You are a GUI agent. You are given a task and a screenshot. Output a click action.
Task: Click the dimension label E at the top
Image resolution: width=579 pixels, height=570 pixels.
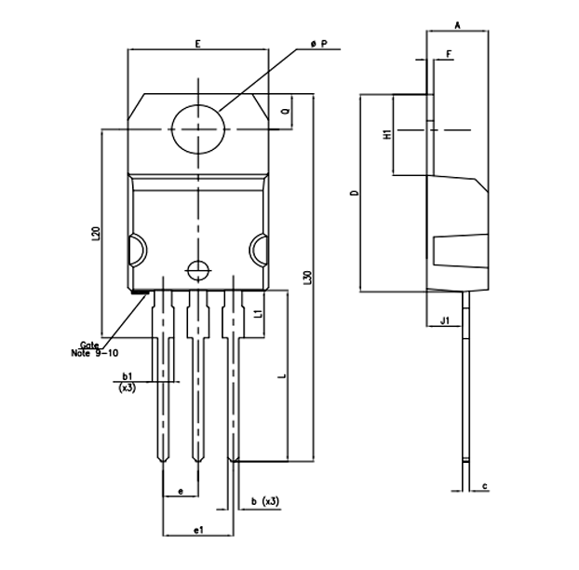[198, 44]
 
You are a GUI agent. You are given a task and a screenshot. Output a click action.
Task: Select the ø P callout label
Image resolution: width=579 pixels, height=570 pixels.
[318, 44]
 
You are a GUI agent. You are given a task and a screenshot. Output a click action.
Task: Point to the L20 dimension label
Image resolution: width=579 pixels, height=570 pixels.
[96, 234]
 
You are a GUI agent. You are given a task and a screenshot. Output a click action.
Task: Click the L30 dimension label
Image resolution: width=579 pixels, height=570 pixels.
[307, 277]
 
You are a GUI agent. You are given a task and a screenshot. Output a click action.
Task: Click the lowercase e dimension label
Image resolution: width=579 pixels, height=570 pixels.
[180, 490]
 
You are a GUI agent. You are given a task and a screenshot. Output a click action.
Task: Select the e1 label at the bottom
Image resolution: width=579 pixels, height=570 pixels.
[198, 529]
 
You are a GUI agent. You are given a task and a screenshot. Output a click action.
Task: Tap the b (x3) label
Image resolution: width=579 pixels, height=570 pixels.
[264, 501]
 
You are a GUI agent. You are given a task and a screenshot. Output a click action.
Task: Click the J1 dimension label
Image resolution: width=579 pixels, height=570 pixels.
[445, 321]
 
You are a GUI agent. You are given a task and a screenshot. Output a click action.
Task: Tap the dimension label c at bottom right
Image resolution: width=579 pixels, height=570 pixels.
[485, 485]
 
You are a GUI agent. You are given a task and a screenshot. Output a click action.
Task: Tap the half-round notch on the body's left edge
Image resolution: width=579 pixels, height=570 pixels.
[135, 250]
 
